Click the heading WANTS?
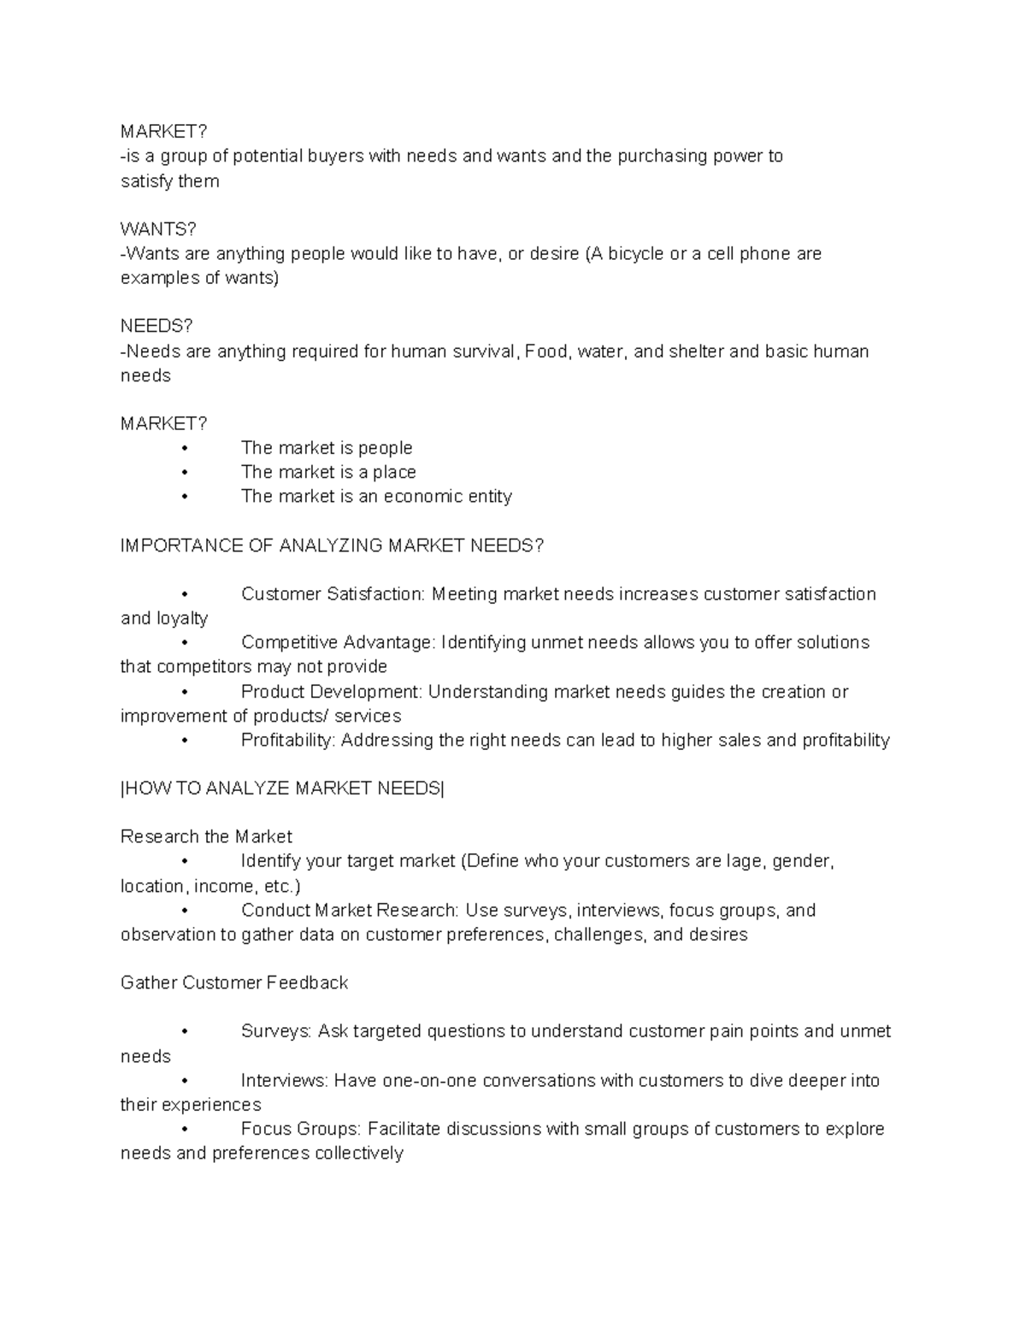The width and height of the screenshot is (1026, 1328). (x=158, y=229)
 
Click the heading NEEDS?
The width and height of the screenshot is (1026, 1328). (x=156, y=327)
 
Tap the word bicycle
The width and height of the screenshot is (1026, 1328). (x=636, y=254)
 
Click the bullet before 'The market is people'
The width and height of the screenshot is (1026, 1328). (x=184, y=449)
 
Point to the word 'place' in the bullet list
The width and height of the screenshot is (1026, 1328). (x=394, y=472)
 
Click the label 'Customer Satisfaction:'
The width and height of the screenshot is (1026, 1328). (x=333, y=594)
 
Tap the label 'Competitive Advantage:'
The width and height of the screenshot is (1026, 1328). (x=339, y=642)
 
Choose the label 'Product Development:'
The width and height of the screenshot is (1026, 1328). (x=332, y=692)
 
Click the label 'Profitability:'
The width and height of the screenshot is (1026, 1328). (x=288, y=741)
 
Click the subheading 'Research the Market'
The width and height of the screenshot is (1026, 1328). (x=206, y=836)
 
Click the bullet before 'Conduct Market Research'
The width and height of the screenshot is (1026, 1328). (x=184, y=912)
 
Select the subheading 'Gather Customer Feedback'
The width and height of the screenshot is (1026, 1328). (x=234, y=983)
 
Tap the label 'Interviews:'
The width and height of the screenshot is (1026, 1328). (x=284, y=1081)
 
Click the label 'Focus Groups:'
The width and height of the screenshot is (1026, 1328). (x=302, y=1130)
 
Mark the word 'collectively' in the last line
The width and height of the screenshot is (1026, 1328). (x=359, y=1154)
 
